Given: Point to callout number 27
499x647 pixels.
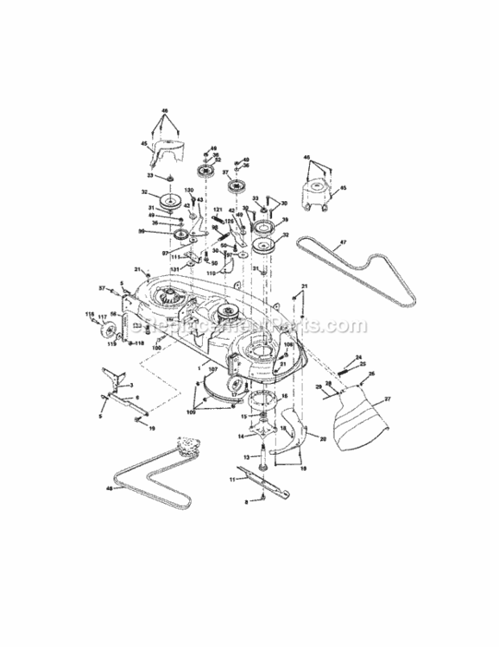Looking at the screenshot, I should [x=388, y=399].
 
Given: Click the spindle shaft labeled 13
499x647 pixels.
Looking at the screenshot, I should [x=256, y=454].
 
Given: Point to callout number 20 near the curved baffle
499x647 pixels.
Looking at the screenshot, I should [x=322, y=438].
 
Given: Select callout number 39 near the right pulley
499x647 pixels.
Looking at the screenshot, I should [x=285, y=232].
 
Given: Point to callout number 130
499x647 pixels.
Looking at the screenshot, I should [x=189, y=191].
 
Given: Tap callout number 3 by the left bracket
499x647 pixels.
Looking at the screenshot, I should [x=131, y=385].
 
